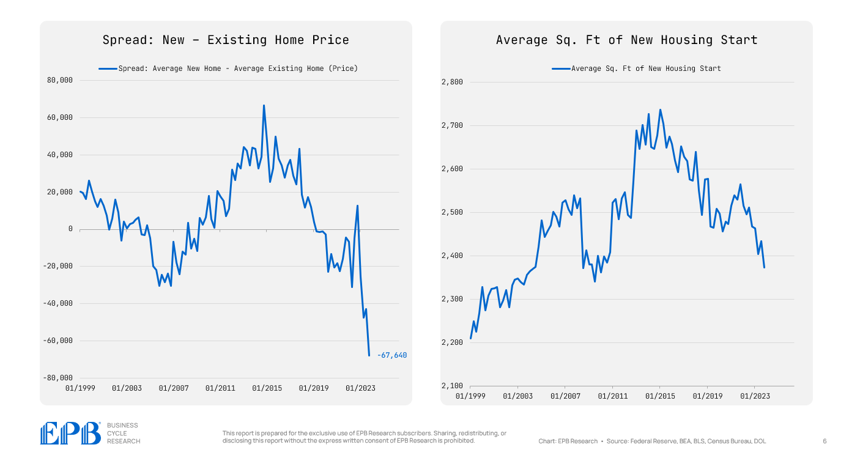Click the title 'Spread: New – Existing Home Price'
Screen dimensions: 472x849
[x=226, y=40]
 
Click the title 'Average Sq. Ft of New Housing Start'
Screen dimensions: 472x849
[x=626, y=40]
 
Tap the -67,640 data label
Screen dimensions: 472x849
[x=391, y=355]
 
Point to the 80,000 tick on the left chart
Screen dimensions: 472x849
[x=59, y=80]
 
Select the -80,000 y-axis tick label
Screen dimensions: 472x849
[x=58, y=378]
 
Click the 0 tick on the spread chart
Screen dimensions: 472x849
[x=70, y=229]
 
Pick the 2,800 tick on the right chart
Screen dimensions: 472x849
[x=453, y=82]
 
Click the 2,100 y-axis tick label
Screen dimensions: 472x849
[x=453, y=386]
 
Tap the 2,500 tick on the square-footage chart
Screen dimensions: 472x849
[x=453, y=212]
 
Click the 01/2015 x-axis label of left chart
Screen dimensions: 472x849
[x=267, y=388]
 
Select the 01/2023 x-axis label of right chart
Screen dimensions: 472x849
[x=755, y=396]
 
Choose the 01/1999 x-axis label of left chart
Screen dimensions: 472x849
[x=80, y=388]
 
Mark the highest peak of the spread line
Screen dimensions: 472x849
[x=264, y=105]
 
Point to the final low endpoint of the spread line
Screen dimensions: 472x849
[x=369, y=355]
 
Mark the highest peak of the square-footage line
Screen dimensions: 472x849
[x=660, y=110]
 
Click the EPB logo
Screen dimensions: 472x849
[x=70, y=433]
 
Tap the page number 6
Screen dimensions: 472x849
[x=825, y=441]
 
